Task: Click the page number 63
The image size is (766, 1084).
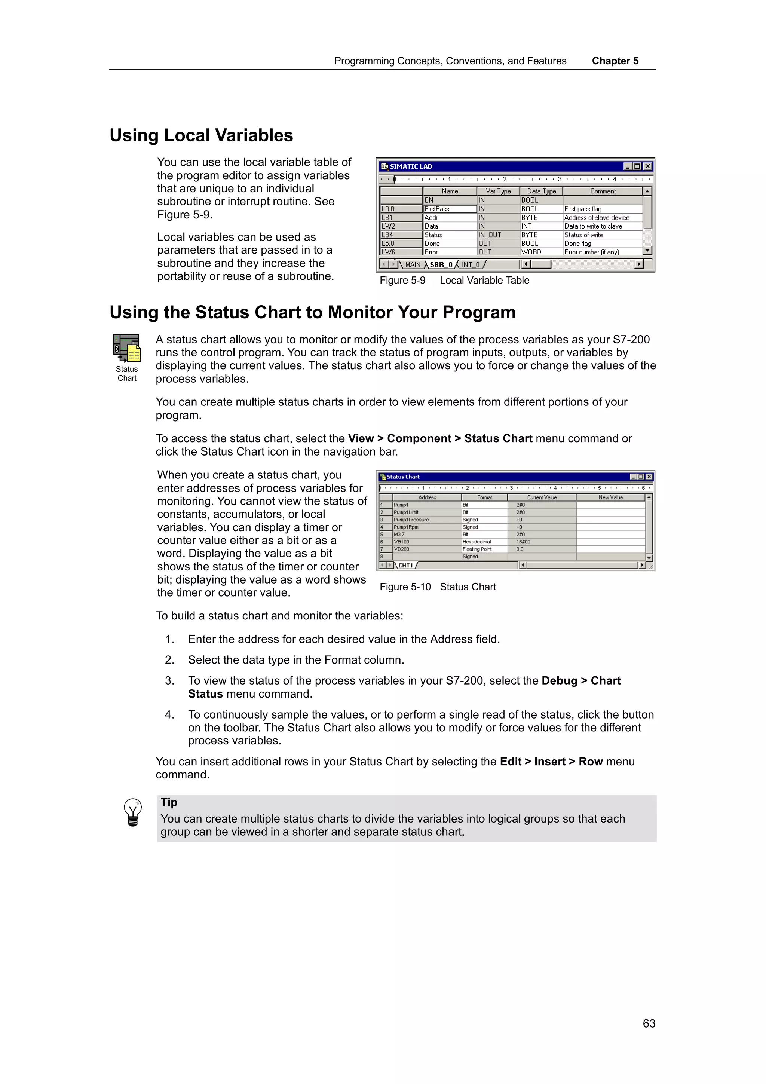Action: [649, 1023]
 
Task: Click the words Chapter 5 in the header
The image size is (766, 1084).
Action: [615, 61]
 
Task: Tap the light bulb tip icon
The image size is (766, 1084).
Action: [133, 812]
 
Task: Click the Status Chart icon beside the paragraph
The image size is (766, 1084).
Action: [126, 349]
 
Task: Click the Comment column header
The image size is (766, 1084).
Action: [602, 191]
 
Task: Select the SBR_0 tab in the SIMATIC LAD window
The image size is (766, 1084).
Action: [441, 264]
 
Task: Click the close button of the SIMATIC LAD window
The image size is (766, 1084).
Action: [647, 166]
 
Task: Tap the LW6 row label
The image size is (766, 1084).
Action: [389, 252]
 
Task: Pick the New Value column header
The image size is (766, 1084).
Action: [610, 497]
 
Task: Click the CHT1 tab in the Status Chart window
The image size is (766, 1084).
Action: [405, 565]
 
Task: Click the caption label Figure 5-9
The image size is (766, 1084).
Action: [402, 281]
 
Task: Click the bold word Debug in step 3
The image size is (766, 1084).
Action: [559, 680]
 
